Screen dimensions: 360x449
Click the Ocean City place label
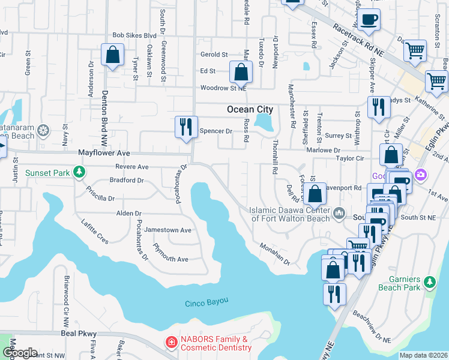(x=250, y=109)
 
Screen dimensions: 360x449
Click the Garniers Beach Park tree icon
(x=429, y=281)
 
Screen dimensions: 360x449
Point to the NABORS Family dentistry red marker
(x=172, y=342)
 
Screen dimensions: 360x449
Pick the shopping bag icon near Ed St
(x=240, y=73)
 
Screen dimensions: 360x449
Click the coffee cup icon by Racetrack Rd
(x=369, y=19)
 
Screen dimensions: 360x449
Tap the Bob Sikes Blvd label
(x=134, y=36)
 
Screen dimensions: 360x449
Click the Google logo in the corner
(x=19, y=353)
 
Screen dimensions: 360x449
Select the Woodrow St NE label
(x=223, y=88)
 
